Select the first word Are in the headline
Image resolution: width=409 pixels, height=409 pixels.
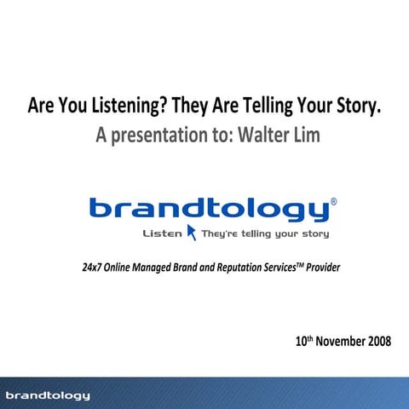click(x=40, y=108)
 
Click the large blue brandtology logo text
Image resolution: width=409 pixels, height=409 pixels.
click(x=207, y=210)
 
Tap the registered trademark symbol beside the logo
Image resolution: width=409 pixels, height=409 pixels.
click(x=333, y=203)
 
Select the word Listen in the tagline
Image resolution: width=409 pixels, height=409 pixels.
click(x=163, y=233)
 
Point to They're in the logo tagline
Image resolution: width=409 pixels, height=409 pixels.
click(x=222, y=233)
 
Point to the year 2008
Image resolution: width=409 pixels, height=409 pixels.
click(x=379, y=342)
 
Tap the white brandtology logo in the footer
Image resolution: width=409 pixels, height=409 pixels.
click(x=47, y=395)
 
